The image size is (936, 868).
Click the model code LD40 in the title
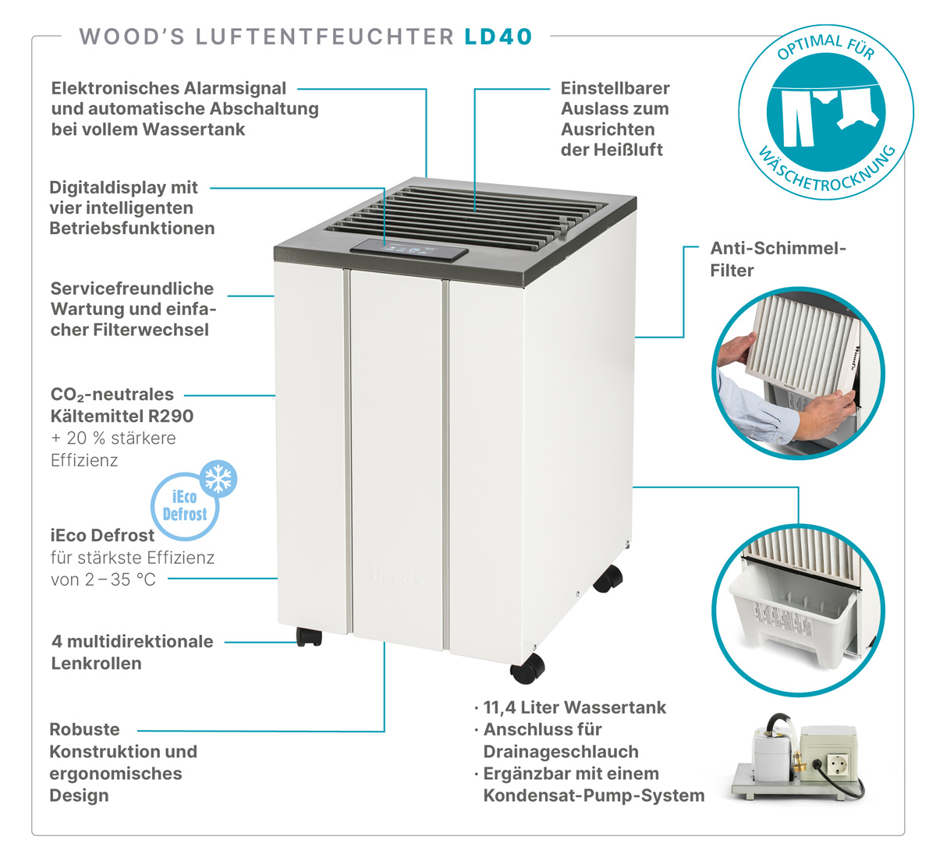click(x=498, y=37)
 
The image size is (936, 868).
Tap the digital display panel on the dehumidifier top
click(x=409, y=250)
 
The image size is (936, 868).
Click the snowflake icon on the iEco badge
click(x=218, y=479)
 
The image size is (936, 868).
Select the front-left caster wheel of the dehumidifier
click(x=309, y=636)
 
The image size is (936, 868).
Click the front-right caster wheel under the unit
click(x=527, y=668)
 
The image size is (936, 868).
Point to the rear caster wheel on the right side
click(x=608, y=579)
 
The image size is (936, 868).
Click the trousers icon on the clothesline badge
click(x=797, y=119)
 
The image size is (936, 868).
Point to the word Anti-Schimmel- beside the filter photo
click(x=778, y=248)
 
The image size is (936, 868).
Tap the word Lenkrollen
click(x=96, y=664)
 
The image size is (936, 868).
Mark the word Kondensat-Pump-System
click(x=594, y=795)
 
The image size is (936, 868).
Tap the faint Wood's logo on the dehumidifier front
click(x=397, y=576)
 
